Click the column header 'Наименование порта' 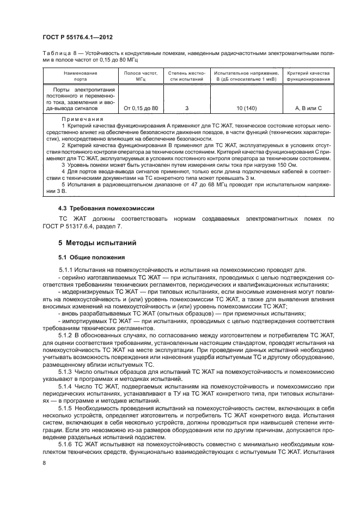[80, 76]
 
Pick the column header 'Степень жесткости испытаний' [186, 76]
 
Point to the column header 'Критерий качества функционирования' [308, 76]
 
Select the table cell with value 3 [186, 108]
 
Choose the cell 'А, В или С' [308, 108]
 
